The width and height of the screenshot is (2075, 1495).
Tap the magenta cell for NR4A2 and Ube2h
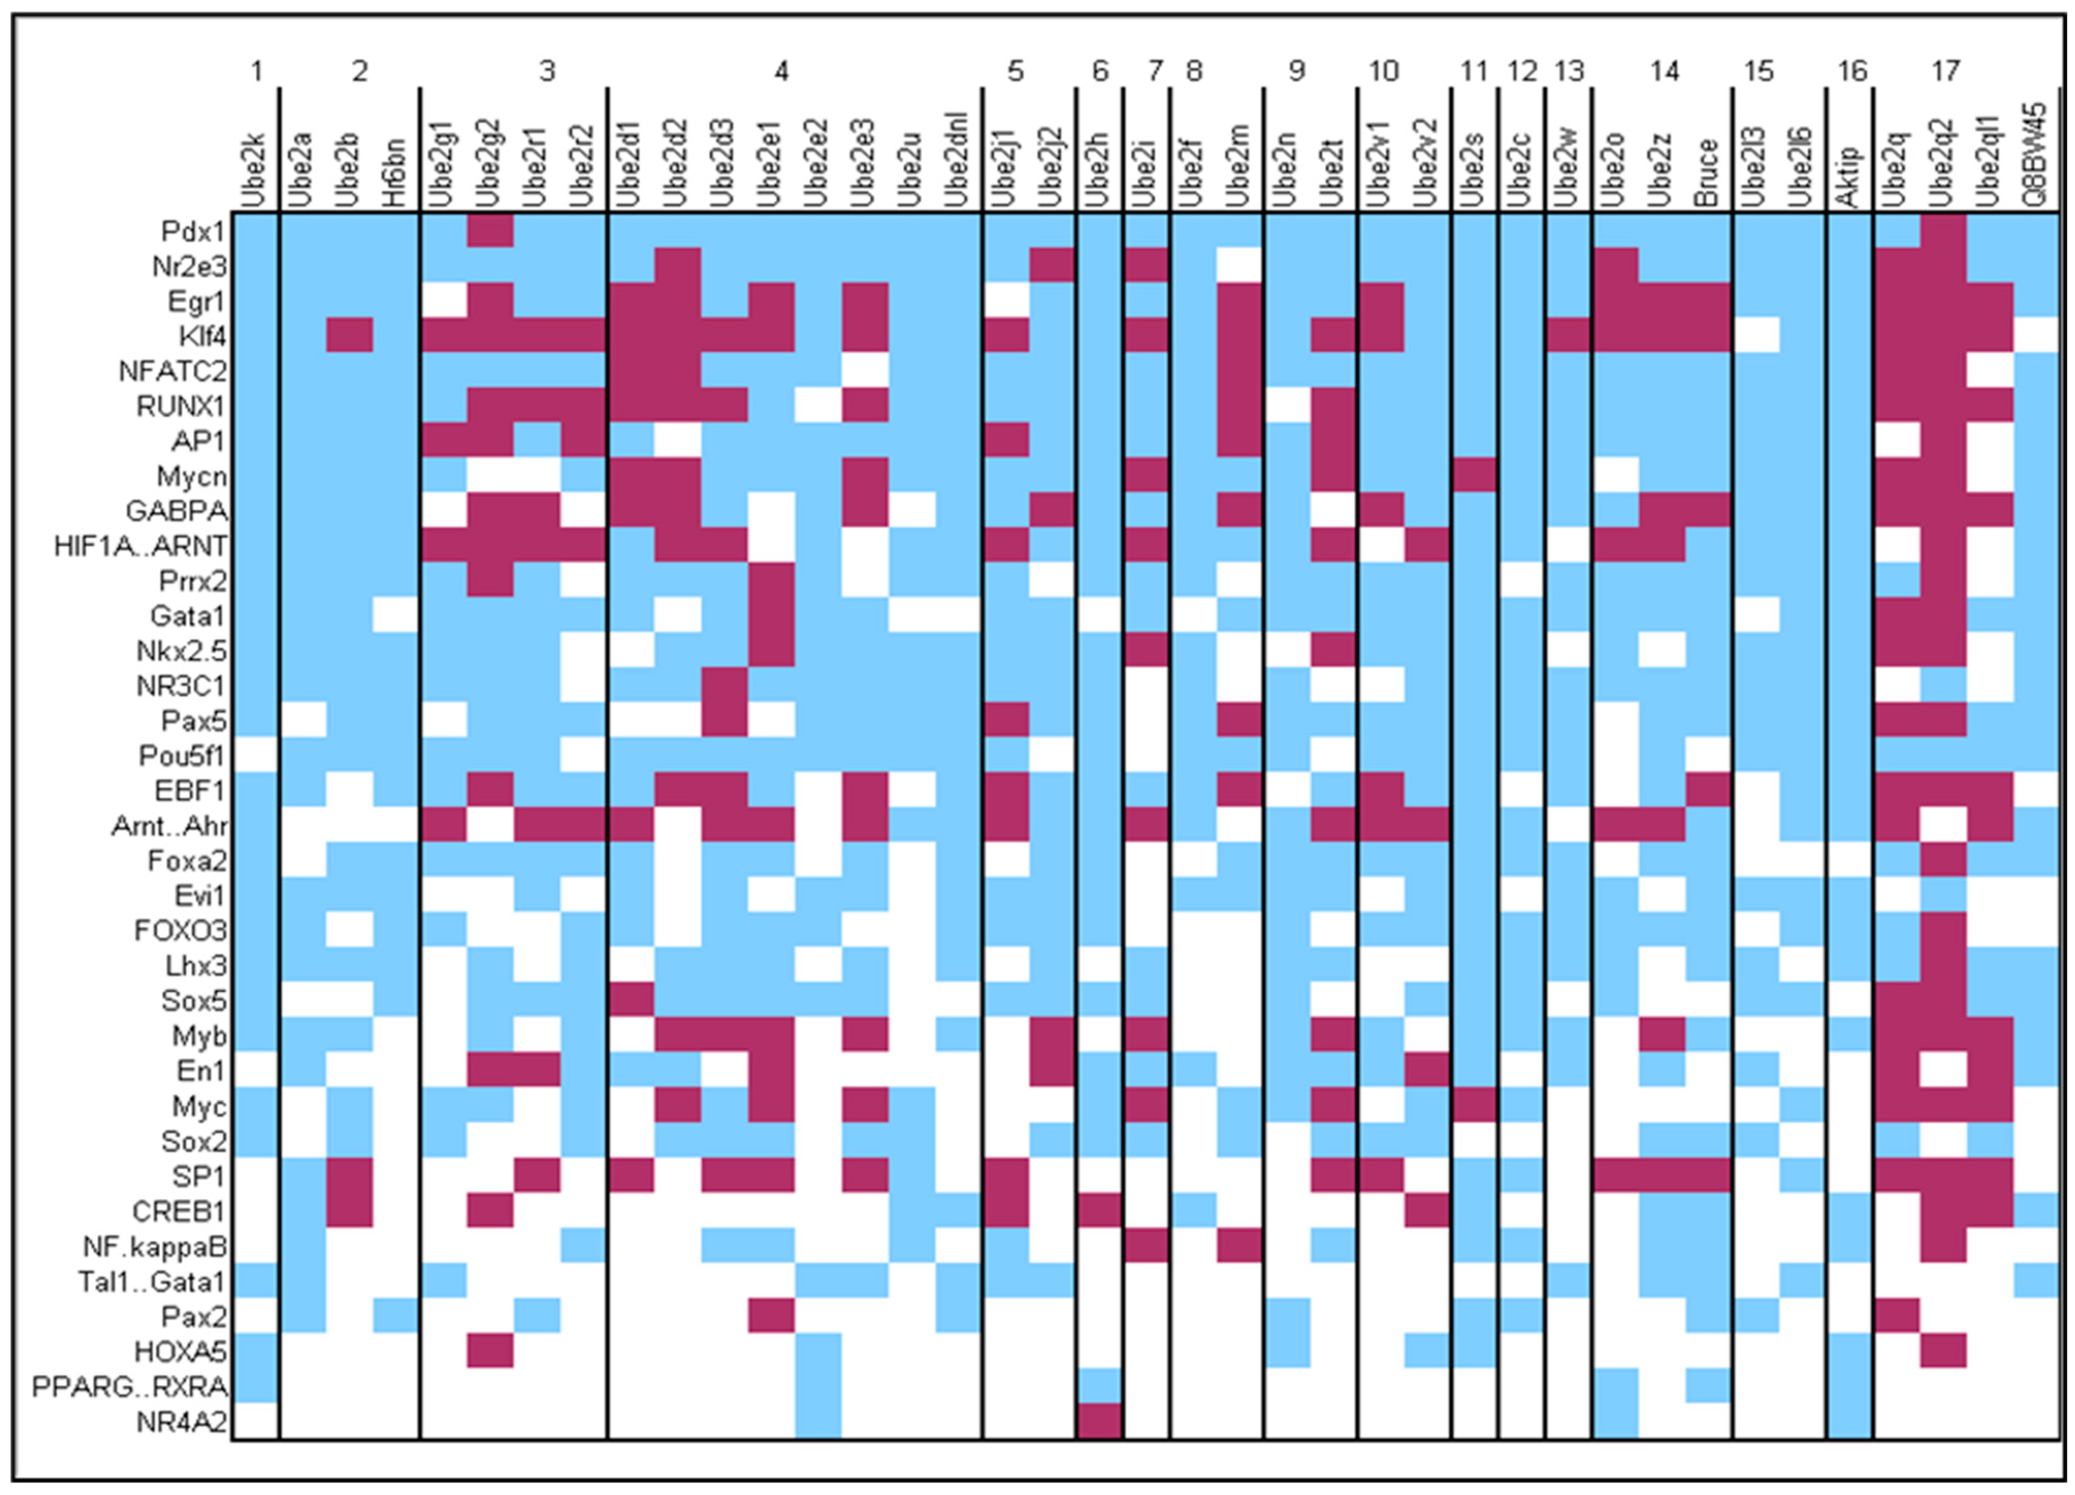tap(1099, 1422)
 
